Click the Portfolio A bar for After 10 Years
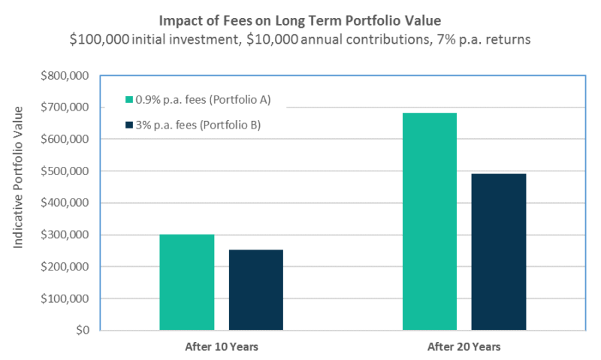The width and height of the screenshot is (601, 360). pyautogui.click(x=186, y=283)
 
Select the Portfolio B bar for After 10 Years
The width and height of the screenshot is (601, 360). pyautogui.click(x=256, y=290)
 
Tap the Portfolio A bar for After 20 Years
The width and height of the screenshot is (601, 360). pyautogui.click(x=430, y=222)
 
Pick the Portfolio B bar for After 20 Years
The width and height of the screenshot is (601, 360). pyautogui.click(x=499, y=252)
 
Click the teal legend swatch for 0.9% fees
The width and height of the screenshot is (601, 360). pyautogui.click(x=129, y=100)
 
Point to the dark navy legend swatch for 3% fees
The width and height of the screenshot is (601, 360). pyautogui.click(x=129, y=125)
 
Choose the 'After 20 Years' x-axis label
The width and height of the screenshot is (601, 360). pyautogui.click(x=464, y=347)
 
